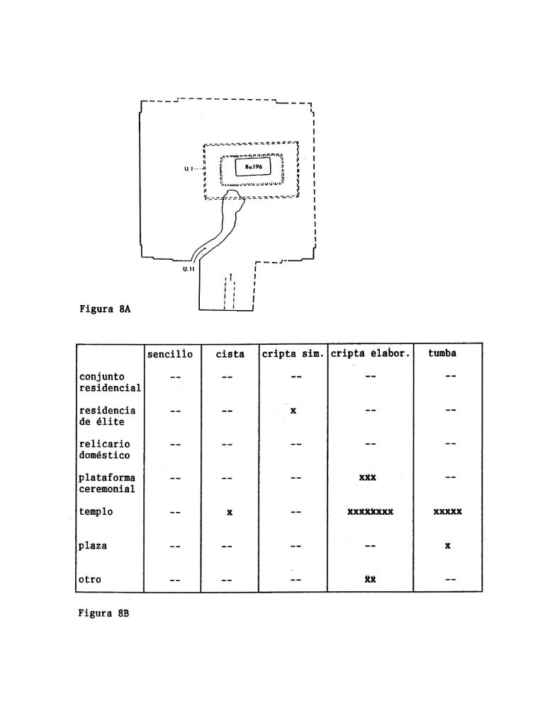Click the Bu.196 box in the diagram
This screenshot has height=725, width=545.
[x=252, y=167]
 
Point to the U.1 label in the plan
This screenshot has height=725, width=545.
[x=189, y=169]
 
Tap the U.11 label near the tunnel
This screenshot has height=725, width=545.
[x=189, y=269]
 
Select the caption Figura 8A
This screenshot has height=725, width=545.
[x=105, y=309]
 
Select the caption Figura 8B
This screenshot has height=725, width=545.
[x=103, y=613]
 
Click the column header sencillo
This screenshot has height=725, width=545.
[x=170, y=354]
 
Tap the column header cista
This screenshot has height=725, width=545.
[x=230, y=354]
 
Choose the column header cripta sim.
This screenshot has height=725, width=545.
[x=293, y=354]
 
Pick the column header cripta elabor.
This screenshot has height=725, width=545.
[x=370, y=354]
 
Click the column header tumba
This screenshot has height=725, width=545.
[x=442, y=353]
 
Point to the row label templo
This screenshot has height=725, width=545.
[x=96, y=512]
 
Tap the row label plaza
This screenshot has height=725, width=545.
[x=93, y=546]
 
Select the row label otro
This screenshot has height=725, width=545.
[x=90, y=579]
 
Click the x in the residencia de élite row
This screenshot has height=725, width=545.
[x=293, y=410]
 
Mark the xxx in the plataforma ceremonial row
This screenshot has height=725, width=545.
[x=368, y=477]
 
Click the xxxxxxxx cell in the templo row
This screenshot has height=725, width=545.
[x=370, y=511]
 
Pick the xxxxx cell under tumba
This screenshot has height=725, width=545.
[x=447, y=511]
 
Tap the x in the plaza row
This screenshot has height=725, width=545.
[x=448, y=546]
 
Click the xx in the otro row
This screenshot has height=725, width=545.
[x=370, y=579]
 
